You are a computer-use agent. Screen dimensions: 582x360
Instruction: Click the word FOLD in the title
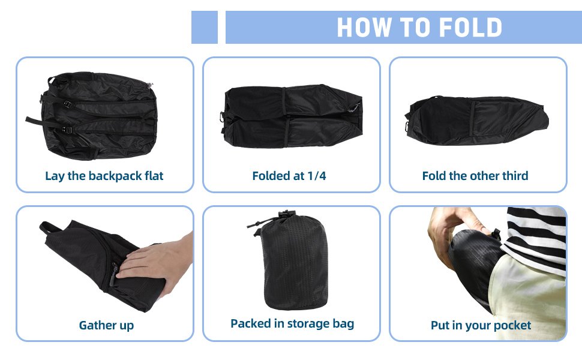coord(470,28)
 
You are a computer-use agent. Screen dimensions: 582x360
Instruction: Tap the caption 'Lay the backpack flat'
coord(104,176)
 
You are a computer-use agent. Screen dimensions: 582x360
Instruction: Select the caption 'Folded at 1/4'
coord(289,176)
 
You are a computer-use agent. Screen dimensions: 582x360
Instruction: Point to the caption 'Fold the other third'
coord(475,176)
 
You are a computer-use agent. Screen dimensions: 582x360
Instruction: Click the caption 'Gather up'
coord(107,325)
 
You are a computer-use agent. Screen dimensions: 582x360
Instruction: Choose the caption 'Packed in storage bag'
coord(292,323)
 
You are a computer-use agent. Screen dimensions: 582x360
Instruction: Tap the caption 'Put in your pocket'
coord(481,325)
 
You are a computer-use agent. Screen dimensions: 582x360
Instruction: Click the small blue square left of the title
coord(205,28)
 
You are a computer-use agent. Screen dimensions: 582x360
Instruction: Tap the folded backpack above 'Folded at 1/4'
coord(292,116)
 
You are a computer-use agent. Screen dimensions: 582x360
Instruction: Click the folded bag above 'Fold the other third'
coord(477,120)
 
